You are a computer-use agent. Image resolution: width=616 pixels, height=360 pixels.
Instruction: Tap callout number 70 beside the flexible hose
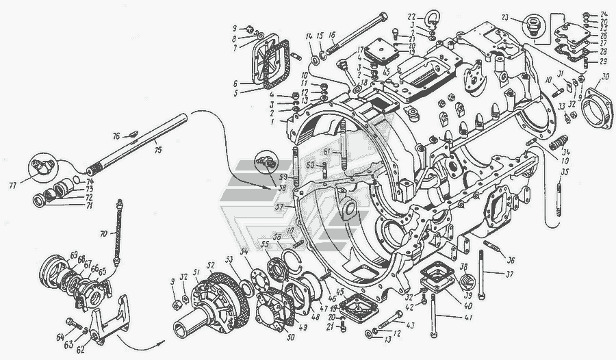pos(103,233)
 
